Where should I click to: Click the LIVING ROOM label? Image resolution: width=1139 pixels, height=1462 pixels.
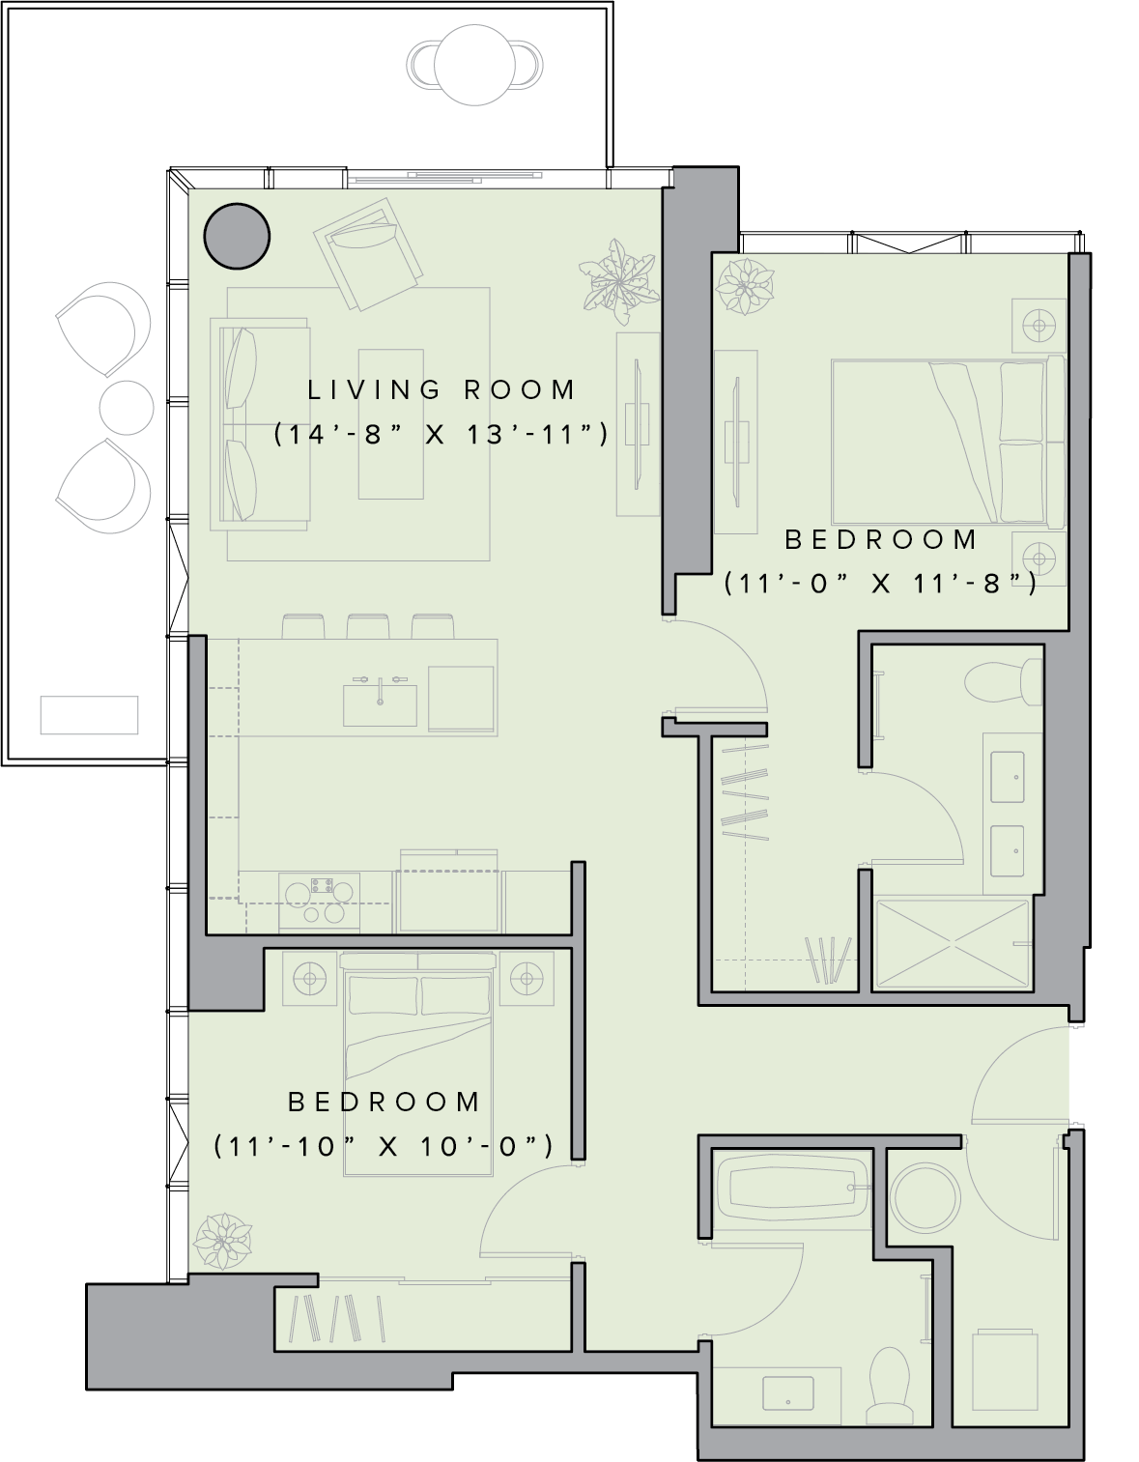[441, 390]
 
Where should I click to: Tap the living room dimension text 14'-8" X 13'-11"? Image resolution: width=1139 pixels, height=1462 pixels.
[441, 435]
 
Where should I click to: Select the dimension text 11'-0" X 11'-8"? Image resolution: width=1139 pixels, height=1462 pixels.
[881, 584]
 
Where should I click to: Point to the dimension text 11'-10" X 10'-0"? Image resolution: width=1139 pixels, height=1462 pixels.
[384, 1146]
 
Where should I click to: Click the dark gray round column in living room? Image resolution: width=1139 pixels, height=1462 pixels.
[237, 236]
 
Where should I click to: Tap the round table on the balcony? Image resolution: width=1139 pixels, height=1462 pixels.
[474, 66]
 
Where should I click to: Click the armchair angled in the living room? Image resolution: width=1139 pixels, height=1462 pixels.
[368, 253]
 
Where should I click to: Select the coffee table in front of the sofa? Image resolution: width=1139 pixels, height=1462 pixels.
[390, 424]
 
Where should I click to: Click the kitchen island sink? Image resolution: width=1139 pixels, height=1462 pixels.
[380, 704]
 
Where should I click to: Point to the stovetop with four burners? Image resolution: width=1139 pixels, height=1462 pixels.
[320, 902]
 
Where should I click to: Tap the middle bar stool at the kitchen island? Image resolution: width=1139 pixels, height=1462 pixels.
[368, 626]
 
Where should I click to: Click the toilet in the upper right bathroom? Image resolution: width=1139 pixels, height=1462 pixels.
[1003, 681]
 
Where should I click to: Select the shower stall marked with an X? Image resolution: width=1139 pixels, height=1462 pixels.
[954, 945]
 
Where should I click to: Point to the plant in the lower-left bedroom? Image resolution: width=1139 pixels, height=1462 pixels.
[222, 1242]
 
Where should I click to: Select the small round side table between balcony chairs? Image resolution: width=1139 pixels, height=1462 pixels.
[127, 408]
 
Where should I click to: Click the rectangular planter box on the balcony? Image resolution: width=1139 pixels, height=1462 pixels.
[90, 714]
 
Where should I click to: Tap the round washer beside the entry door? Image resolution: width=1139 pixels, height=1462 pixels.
[925, 1199]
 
